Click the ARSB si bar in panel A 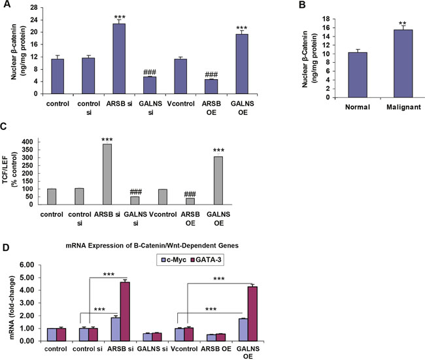click(x=118, y=59)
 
